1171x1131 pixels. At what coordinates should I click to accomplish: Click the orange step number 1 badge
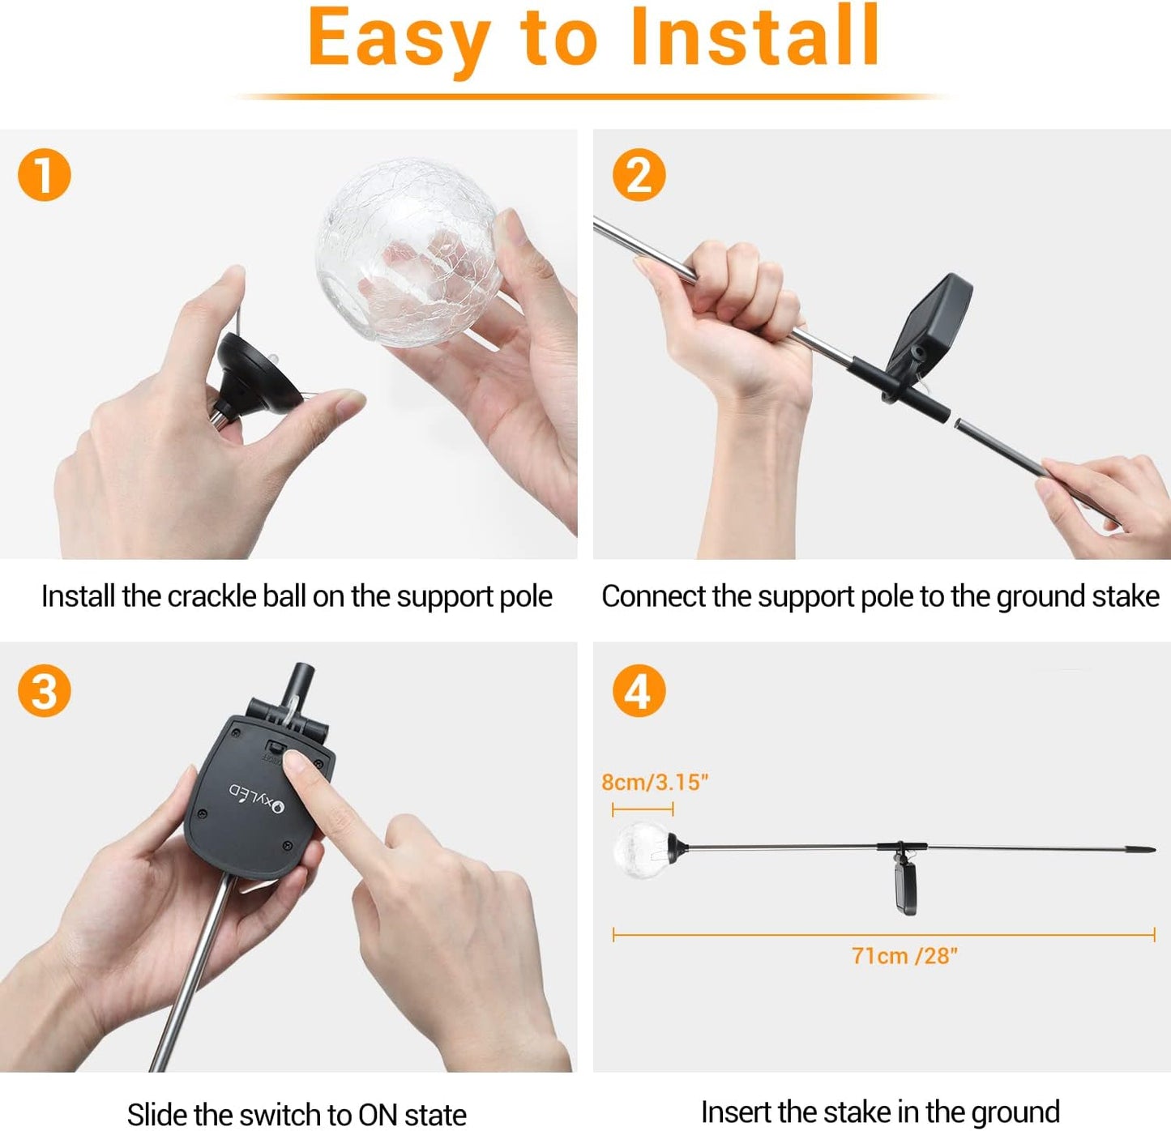(45, 175)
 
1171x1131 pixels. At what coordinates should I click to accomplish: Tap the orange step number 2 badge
(639, 175)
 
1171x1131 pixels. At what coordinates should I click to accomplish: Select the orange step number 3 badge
(45, 691)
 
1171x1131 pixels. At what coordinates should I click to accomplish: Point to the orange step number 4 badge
(639, 691)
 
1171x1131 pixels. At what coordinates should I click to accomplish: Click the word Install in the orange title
(754, 38)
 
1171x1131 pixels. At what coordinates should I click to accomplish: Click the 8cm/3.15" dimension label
(655, 782)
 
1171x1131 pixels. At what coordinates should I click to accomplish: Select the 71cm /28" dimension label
(904, 956)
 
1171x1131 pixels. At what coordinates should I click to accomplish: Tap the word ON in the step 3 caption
(377, 1114)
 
